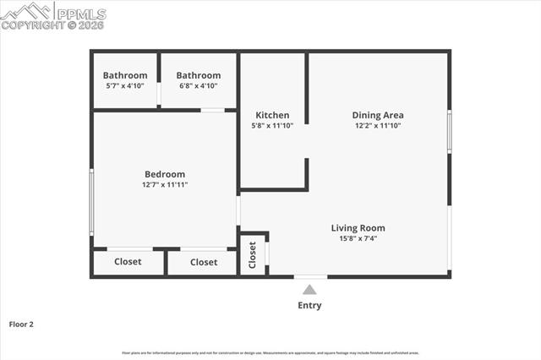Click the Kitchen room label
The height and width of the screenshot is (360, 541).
coord(272,115)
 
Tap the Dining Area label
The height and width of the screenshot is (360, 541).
coord(378,115)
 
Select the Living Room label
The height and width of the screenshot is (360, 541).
coord(358,227)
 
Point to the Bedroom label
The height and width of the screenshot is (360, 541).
coord(164,174)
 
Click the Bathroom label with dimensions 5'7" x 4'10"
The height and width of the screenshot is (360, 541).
coord(125,75)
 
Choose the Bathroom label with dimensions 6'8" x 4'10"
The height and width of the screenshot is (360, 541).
coord(198,75)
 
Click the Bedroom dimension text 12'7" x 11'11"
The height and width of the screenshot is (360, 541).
coord(164,184)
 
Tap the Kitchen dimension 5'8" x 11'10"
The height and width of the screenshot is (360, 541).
coord(272,125)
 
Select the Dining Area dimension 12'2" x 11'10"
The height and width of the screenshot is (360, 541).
coord(378,125)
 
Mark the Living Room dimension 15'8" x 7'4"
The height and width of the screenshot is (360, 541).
coord(358,237)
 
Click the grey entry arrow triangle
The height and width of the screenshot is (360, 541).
coord(309,289)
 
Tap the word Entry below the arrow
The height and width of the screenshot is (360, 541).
coord(309,305)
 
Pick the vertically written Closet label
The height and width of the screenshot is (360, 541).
coord(253,256)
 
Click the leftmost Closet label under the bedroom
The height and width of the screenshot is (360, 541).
coord(128,262)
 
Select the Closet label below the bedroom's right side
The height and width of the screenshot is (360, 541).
coord(204,262)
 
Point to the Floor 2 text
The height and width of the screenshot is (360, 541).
coord(21,324)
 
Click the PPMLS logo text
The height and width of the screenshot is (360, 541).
coord(80,14)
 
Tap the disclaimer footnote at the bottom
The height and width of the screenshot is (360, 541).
coord(270,352)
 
